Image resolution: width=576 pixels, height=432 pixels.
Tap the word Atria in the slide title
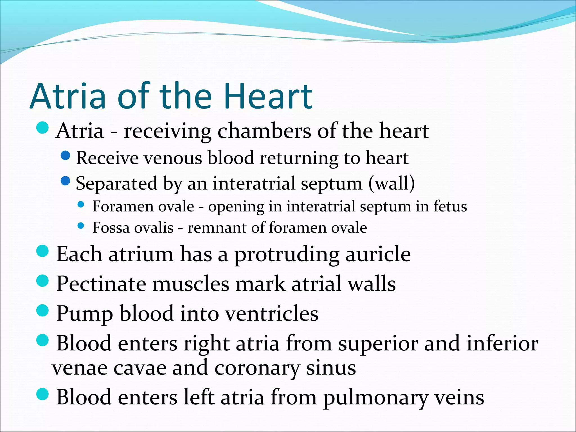68,96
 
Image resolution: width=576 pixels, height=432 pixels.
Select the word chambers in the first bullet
264,131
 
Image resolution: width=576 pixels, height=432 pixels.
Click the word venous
173,158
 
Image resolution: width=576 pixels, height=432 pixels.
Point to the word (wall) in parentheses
391,184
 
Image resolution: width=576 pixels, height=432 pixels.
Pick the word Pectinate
101,284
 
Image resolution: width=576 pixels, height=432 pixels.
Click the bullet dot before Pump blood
43,310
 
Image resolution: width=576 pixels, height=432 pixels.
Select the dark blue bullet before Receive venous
65,156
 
